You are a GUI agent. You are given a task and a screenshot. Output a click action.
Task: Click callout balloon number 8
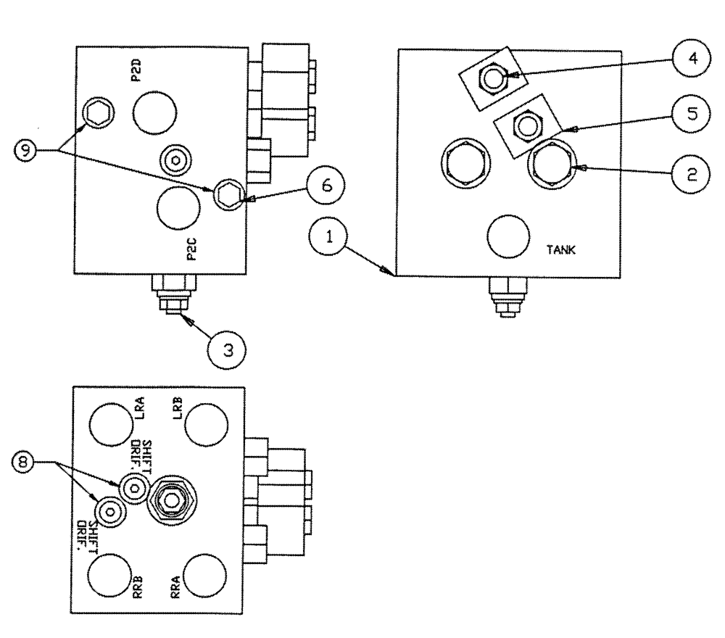click(x=33, y=460)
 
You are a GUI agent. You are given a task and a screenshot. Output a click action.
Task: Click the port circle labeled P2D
click(x=154, y=112)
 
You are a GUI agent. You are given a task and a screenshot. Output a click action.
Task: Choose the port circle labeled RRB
click(x=109, y=575)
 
